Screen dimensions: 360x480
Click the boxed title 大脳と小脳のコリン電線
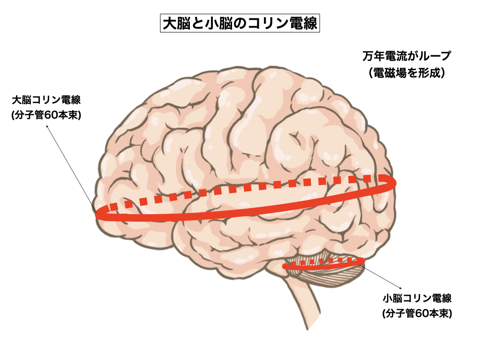[x=240, y=23]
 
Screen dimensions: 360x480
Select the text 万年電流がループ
[x=406, y=56]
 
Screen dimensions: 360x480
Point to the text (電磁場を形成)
[x=406, y=73]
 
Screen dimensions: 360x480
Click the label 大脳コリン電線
[x=47, y=100]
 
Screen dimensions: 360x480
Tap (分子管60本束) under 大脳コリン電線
[x=47, y=115]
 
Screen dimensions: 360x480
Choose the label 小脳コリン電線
[x=417, y=298]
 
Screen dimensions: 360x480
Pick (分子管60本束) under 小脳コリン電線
[x=417, y=313]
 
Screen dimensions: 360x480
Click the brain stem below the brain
[x=305, y=305]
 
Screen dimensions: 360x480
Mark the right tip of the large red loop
[x=395, y=182]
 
